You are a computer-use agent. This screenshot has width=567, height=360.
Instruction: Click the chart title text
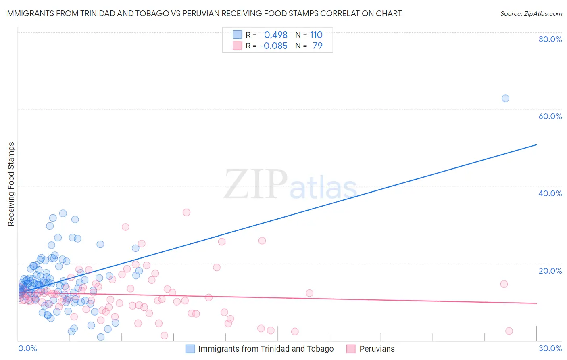tap(203, 13)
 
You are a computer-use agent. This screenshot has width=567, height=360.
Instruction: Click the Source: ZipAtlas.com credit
tap(531, 13)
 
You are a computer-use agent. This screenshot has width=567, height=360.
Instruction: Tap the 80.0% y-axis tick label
tap(550, 39)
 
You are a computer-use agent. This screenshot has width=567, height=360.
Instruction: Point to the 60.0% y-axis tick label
tap(550, 116)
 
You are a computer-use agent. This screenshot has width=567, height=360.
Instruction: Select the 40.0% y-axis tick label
tap(550, 193)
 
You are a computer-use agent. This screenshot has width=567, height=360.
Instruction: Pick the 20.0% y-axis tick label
tap(550, 271)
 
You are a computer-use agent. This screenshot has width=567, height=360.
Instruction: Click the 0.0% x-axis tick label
tap(27, 348)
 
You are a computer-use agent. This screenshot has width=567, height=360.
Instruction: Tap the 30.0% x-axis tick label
tap(550, 348)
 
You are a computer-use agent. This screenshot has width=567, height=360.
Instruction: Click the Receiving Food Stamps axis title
tap(11, 184)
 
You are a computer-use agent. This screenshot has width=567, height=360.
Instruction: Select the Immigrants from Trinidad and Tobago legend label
tap(266, 349)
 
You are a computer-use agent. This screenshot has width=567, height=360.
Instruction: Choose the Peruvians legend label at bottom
tap(377, 349)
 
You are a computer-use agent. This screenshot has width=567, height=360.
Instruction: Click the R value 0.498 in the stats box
tap(275, 35)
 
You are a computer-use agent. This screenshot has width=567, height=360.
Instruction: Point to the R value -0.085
tap(273, 46)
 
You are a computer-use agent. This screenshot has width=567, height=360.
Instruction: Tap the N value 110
tap(316, 35)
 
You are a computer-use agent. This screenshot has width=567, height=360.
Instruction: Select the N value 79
tap(317, 46)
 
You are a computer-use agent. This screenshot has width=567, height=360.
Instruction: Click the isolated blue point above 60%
tap(505, 98)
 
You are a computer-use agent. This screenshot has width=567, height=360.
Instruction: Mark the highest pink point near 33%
tap(186, 212)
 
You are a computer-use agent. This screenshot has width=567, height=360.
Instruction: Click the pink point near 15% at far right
tap(504, 284)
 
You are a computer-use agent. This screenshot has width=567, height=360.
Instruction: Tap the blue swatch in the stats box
tap(238, 35)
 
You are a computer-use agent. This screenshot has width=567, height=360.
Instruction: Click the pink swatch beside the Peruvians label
tap(351, 349)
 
